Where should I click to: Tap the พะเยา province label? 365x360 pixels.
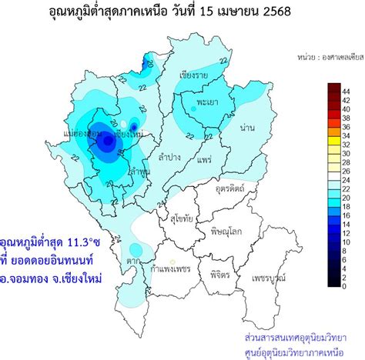[x=205, y=102]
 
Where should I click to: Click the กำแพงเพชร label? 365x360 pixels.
[x=170, y=269]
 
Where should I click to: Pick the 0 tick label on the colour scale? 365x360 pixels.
[x=347, y=285]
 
